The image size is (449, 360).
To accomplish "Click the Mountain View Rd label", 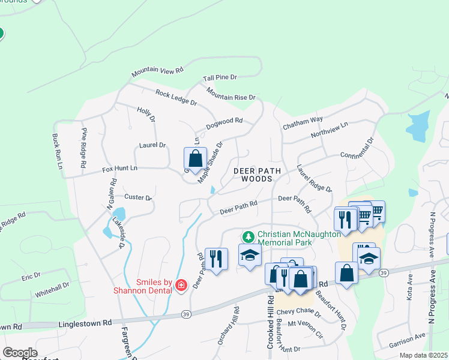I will [x=157, y=71].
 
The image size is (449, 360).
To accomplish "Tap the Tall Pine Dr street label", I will [x=220, y=78].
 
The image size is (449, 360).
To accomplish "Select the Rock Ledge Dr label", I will [x=176, y=98].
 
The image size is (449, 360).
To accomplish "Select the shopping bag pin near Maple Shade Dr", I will [x=195, y=159].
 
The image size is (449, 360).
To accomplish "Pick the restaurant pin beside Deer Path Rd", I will [x=216, y=259].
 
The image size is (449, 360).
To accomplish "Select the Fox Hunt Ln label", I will [x=120, y=169].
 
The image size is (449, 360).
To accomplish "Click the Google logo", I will [x=20, y=353].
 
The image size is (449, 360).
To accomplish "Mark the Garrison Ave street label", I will [x=407, y=340].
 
